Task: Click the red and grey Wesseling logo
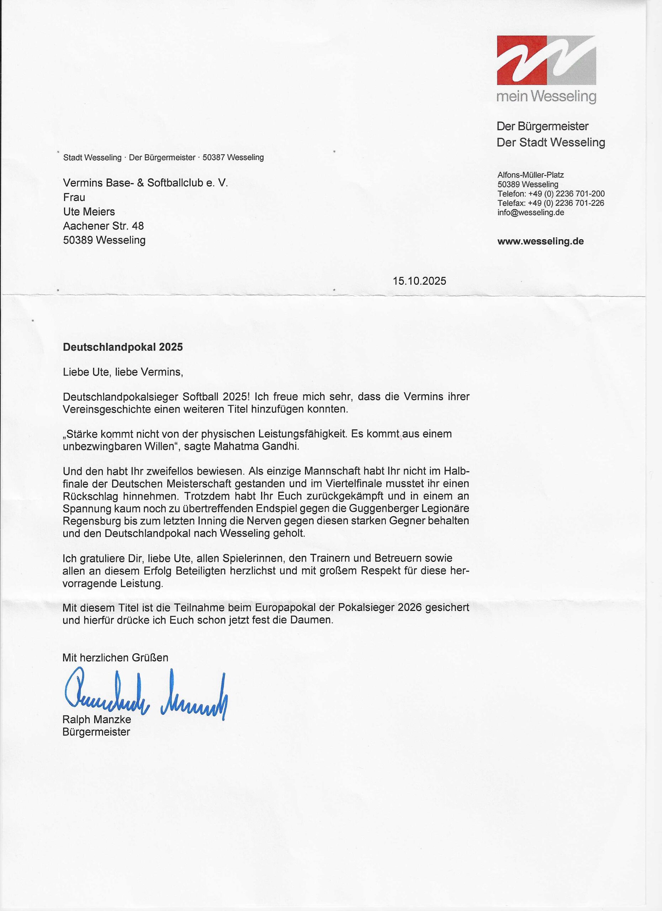coord(546,60)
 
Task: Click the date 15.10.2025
coord(419,281)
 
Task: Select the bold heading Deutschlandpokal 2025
coord(123,347)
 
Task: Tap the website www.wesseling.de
coord(540,241)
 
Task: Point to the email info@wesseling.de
coord(531,212)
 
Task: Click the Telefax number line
coord(551,203)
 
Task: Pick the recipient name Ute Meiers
coord(89,212)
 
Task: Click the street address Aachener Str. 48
coord(104,226)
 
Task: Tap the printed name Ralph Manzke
coord(97,720)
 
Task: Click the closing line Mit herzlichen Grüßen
coord(115,658)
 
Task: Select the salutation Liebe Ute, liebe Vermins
coord(123,372)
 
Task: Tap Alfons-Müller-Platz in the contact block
coord(530,175)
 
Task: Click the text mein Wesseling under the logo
coord(546,96)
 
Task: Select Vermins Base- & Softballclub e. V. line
coord(145,183)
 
